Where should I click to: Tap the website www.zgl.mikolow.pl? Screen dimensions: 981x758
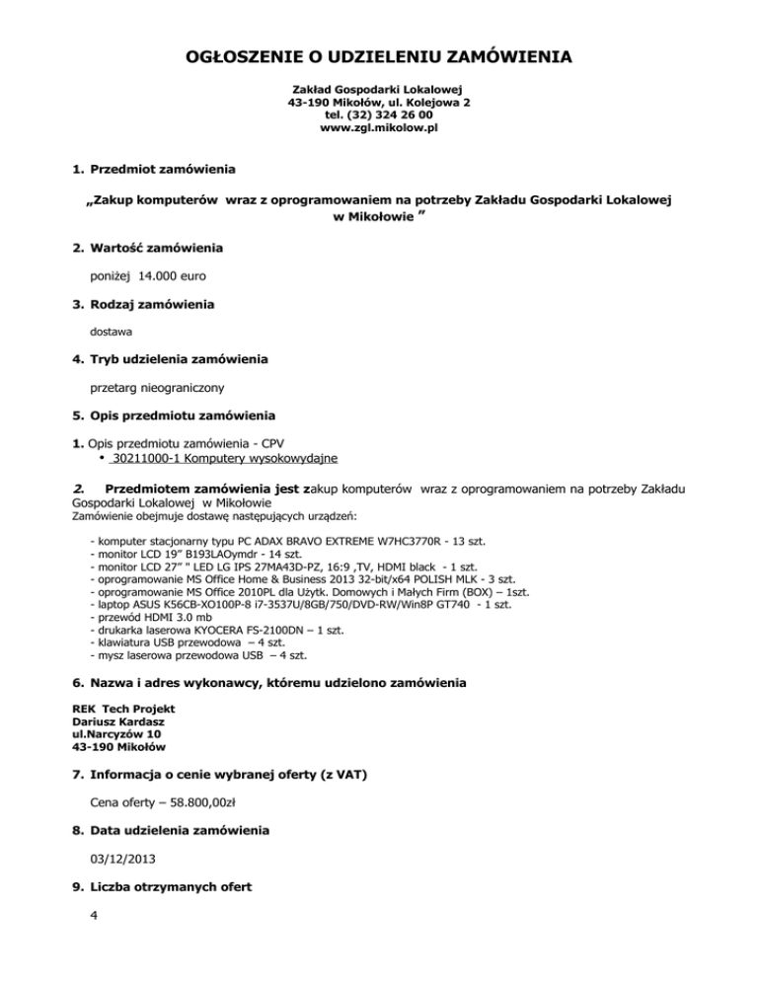click(378, 128)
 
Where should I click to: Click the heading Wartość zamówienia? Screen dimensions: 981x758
click(156, 246)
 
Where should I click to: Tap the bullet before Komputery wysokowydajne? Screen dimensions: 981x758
click(103, 458)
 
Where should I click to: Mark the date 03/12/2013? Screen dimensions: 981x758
click(123, 860)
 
